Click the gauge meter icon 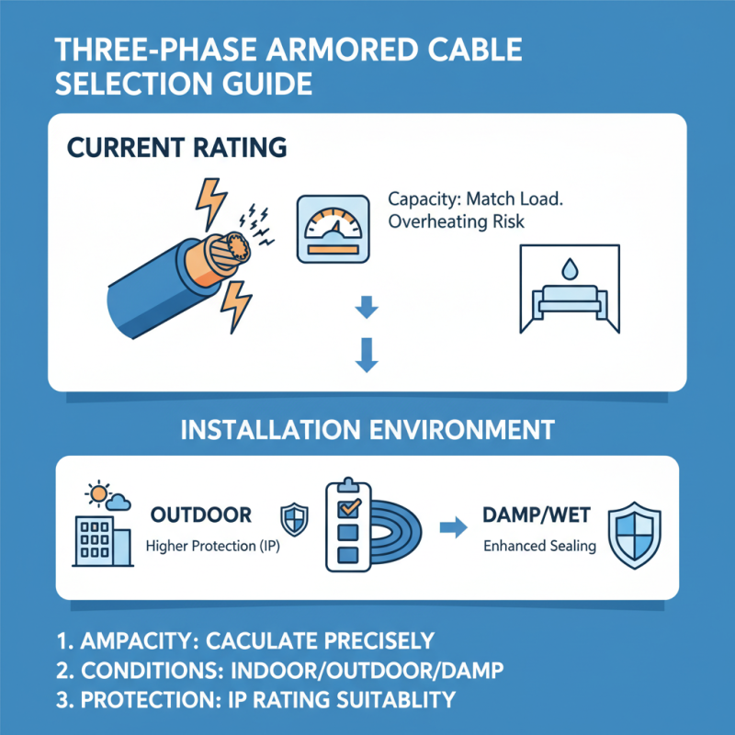point(329,229)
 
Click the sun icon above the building point(96,493)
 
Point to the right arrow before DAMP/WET point(449,528)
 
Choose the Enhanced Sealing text point(539,547)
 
